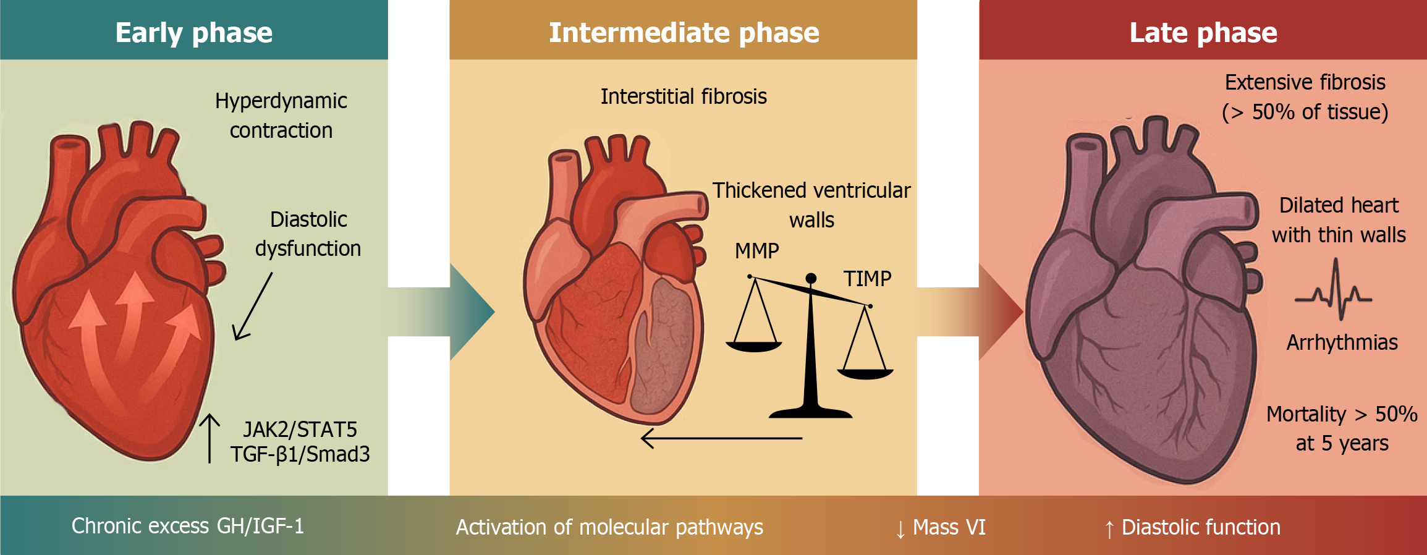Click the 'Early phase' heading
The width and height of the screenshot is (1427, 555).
point(193,32)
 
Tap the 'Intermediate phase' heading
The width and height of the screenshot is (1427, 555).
point(684,32)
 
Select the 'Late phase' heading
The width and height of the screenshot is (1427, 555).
point(1203,32)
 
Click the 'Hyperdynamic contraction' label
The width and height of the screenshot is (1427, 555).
point(281,116)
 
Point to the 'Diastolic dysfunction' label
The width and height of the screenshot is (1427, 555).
point(308,234)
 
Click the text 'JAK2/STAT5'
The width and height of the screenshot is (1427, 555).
point(300,429)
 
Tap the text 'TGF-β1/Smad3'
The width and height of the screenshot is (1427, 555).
point(300,454)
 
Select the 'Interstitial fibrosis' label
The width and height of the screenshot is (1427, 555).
point(684,96)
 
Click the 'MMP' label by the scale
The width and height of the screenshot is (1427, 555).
point(756,251)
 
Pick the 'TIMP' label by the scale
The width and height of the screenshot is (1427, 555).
point(867,279)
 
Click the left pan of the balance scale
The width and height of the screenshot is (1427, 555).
point(753,346)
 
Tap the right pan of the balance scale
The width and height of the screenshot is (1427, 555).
point(865,373)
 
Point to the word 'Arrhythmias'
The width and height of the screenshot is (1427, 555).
point(1342,342)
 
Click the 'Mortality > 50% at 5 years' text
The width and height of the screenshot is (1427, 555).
point(1342,428)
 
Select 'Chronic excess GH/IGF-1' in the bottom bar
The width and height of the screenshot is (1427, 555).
point(188,526)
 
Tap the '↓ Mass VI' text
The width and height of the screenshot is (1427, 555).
point(941,527)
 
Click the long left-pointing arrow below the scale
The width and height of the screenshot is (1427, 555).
point(721,438)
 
